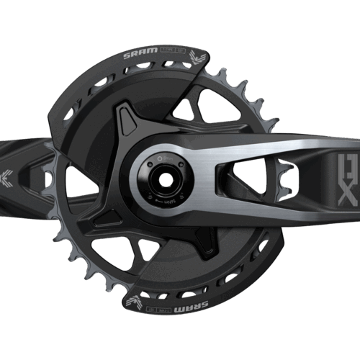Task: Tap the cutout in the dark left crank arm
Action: (x=72, y=173)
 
